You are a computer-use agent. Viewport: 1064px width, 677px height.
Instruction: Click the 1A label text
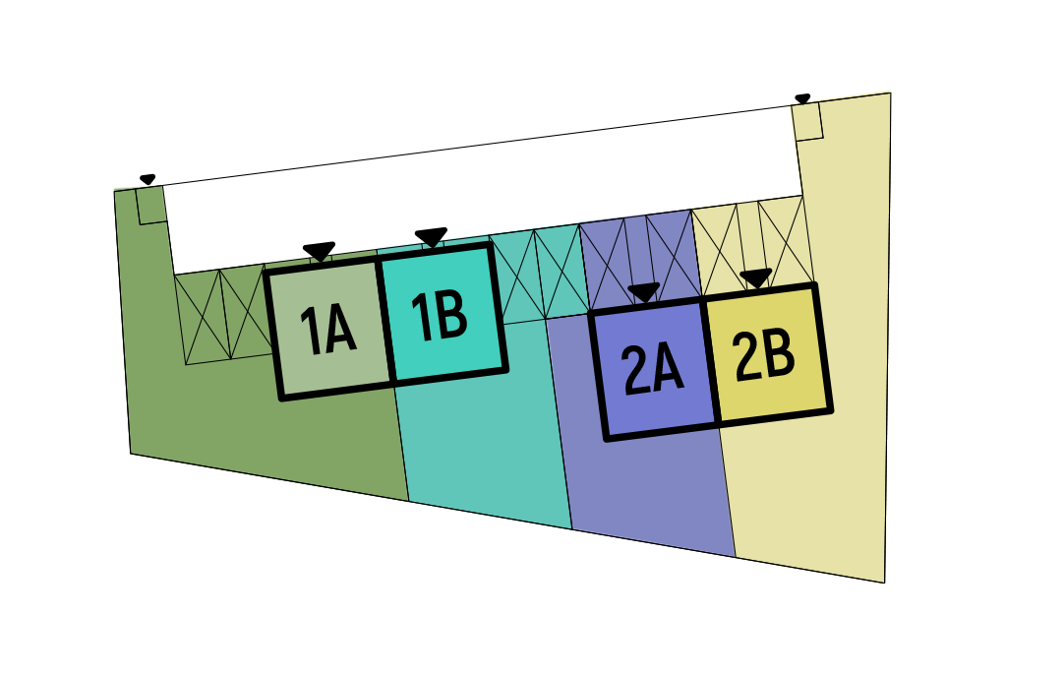pyautogui.click(x=327, y=331)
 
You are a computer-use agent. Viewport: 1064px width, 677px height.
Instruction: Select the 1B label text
pyautogui.click(x=440, y=317)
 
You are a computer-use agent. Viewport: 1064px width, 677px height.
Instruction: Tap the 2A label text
pyautogui.click(x=652, y=371)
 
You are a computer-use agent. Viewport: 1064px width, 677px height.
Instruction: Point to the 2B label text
pyautogui.click(x=765, y=357)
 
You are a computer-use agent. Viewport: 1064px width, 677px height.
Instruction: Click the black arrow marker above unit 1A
pyautogui.click(x=319, y=252)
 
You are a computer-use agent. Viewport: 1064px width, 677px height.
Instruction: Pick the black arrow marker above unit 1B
pyautogui.click(x=431, y=237)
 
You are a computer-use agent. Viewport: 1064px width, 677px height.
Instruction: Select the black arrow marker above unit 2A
pyautogui.click(x=643, y=292)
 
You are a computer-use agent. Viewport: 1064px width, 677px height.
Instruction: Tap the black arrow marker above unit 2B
pyautogui.click(x=755, y=278)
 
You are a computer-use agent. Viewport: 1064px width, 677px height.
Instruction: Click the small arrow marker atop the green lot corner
pyautogui.click(x=148, y=179)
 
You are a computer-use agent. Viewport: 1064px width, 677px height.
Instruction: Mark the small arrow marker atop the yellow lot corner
pyautogui.click(x=802, y=98)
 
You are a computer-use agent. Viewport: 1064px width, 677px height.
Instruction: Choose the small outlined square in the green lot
pyautogui.click(x=150, y=206)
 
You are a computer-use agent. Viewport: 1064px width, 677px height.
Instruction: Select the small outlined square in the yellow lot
pyautogui.click(x=807, y=122)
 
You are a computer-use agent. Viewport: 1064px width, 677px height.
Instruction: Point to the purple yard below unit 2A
pyautogui.click(x=649, y=492)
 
